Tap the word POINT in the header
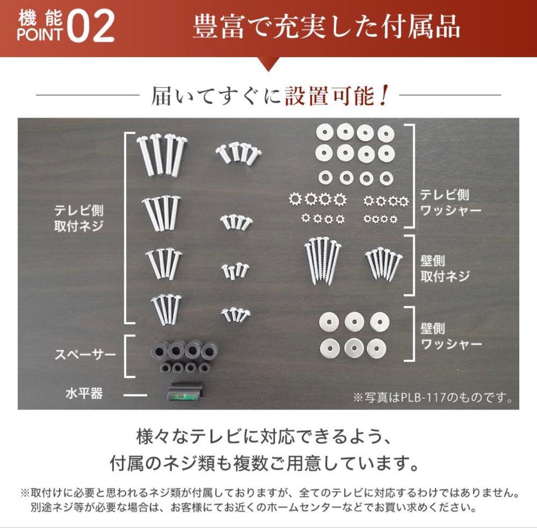coord(40,35)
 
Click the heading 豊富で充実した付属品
coord(326,28)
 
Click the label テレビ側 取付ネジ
coord(79,217)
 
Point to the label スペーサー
coord(85,355)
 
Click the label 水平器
coord(84,394)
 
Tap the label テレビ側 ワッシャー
coord(450,202)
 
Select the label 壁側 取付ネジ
coord(445,269)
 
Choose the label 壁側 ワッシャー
coord(450,336)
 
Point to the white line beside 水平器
coord(135,396)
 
